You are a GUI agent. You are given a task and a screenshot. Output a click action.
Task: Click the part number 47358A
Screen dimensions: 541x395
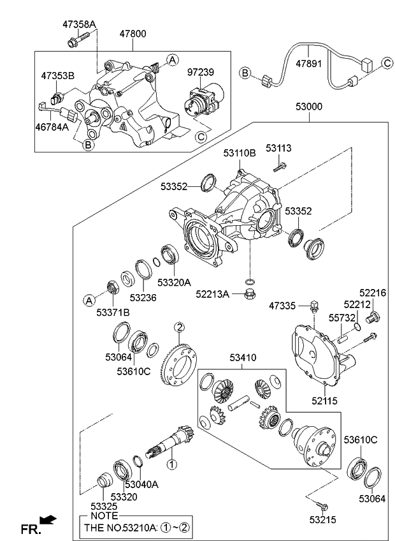pyautogui.click(x=79, y=24)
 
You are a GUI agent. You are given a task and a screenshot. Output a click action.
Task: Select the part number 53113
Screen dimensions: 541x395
pyautogui.click(x=279, y=148)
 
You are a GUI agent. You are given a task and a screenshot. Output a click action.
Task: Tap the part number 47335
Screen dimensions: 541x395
pyautogui.click(x=282, y=307)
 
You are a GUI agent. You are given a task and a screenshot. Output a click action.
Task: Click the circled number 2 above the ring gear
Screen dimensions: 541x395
pyautogui.click(x=180, y=328)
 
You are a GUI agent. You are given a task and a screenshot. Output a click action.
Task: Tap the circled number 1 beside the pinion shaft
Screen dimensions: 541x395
pyautogui.click(x=170, y=456)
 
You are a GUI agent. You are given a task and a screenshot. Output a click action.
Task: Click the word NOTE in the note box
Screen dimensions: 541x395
pyautogui.click(x=104, y=515)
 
